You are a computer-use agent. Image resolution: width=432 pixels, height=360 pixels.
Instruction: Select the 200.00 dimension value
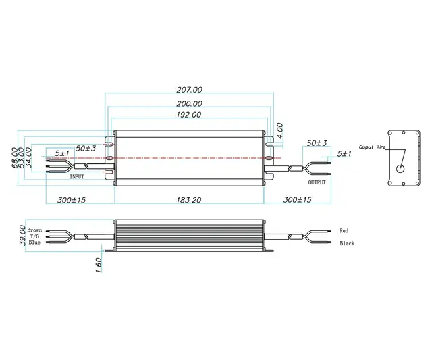pyautogui.click(x=189, y=103)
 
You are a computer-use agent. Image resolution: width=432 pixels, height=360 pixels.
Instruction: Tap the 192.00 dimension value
pyautogui.click(x=189, y=115)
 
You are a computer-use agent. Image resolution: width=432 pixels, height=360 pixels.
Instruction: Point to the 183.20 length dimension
pyautogui.click(x=189, y=201)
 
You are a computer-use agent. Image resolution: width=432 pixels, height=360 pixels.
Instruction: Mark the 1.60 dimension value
pyautogui.click(x=99, y=265)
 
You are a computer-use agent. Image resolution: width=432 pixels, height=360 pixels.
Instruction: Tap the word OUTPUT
pyautogui.click(x=317, y=182)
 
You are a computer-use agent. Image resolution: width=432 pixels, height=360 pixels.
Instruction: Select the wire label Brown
pyautogui.click(x=34, y=230)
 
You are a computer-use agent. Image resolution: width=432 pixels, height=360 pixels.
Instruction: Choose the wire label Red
pyautogui.click(x=344, y=231)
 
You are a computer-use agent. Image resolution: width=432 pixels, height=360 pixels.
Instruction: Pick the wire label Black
pyautogui.click(x=346, y=243)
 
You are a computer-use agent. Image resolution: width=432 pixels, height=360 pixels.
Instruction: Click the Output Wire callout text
pyautogui.click(x=371, y=147)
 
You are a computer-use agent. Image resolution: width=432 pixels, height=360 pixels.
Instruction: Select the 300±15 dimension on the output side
pyautogui.click(x=298, y=201)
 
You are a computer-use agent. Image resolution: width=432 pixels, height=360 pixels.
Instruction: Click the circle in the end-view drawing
pyautogui.click(x=400, y=170)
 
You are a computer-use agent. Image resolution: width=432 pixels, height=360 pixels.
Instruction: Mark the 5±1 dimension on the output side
pyautogui.click(x=344, y=154)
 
